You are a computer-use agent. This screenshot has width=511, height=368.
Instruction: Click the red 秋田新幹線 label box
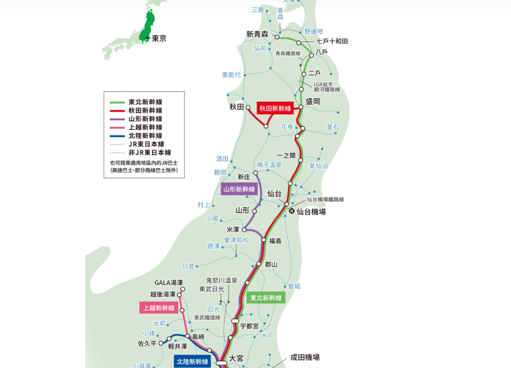click(275, 108)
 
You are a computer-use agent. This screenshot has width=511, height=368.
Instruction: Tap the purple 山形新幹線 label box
click(239, 189)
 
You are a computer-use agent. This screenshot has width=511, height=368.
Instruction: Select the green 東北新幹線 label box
click(266, 297)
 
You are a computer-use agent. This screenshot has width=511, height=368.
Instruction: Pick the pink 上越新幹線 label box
click(159, 308)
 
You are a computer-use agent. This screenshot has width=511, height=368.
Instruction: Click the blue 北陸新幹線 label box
click(192, 362)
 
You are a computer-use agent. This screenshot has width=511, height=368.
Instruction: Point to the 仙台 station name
click(274, 193)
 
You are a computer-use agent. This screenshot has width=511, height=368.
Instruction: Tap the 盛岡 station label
click(313, 101)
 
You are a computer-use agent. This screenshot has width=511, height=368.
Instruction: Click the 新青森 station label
click(257, 34)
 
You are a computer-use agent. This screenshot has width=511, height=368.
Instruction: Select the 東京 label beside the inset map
click(159, 39)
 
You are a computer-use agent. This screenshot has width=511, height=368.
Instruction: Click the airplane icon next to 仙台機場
click(291, 211)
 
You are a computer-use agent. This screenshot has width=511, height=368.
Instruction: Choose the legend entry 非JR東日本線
click(150, 152)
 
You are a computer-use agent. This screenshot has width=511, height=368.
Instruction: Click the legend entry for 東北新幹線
click(145, 102)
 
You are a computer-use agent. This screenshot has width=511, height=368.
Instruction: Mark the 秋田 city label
click(236, 106)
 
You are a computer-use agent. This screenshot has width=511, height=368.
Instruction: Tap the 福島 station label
click(275, 241)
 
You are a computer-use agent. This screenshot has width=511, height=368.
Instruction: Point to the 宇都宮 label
click(249, 325)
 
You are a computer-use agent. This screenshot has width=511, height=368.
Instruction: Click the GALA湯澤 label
click(169, 283)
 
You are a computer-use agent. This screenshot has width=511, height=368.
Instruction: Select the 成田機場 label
click(305, 357)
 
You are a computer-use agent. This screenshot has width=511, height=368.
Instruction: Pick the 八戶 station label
click(322, 52)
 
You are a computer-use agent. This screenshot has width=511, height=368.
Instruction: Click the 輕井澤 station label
click(178, 347)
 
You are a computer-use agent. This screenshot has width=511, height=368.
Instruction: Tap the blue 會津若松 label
click(236, 240)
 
